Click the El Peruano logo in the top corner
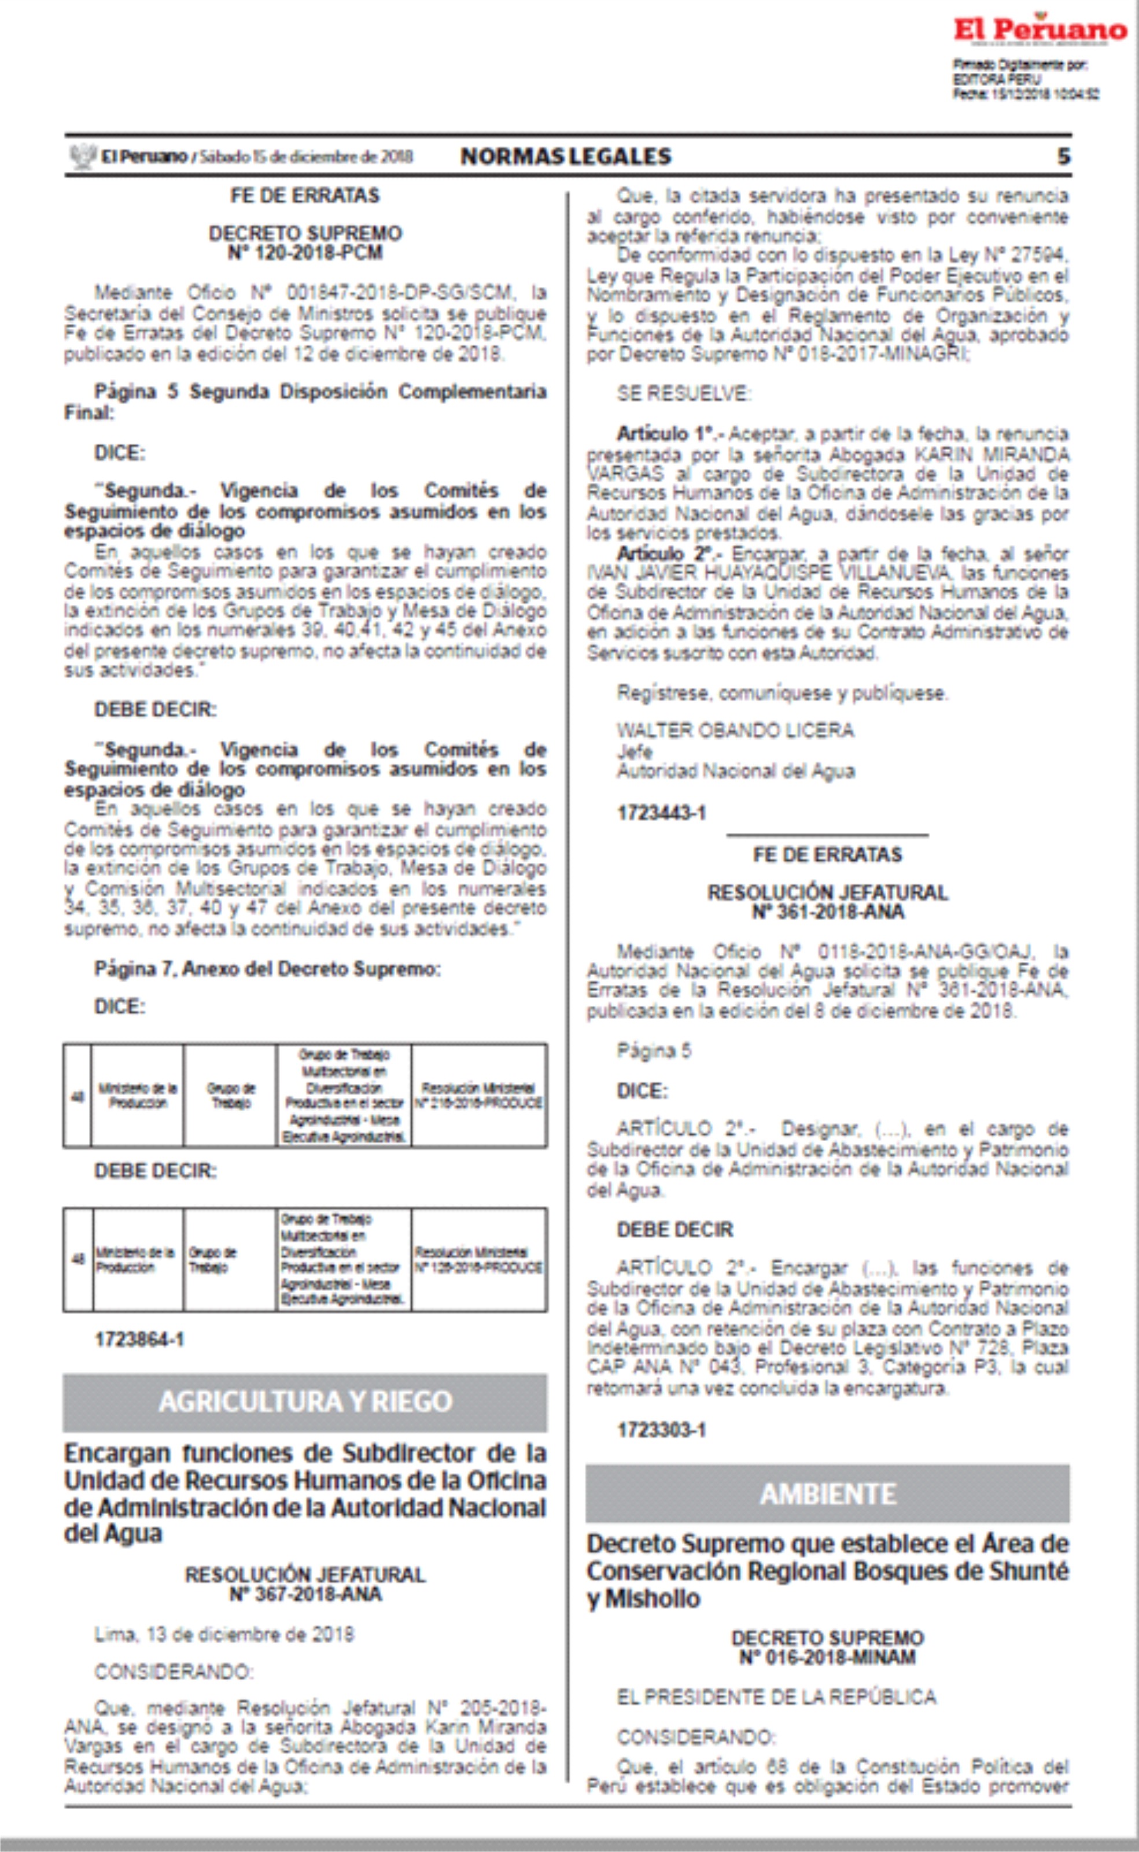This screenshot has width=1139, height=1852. pyautogui.click(x=1040, y=30)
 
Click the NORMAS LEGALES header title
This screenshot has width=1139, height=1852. pyautogui.click(x=566, y=156)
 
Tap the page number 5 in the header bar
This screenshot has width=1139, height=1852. pyautogui.click(x=1063, y=156)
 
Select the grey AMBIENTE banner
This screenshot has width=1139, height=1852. pyautogui.click(x=827, y=1493)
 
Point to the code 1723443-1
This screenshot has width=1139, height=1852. pyautogui.click(x=661, y=813)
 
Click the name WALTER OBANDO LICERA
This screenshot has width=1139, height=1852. pyautogui.click(x=735, y=730)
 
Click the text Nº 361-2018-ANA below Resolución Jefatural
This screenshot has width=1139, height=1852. pyautogui.click(x=827, y=912)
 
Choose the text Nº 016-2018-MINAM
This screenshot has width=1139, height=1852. pyautogui.click(x=827, y=1657)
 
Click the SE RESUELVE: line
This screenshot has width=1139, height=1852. pyautogui.click(x=683, y=393)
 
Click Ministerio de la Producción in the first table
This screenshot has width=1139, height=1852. pyautogui.click(x=137, y=1096)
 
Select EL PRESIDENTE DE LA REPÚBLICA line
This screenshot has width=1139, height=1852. pyautogui.click(x=776, y=1697)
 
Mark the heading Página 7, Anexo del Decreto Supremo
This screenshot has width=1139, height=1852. pyautogui.click(x=267, y=969)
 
